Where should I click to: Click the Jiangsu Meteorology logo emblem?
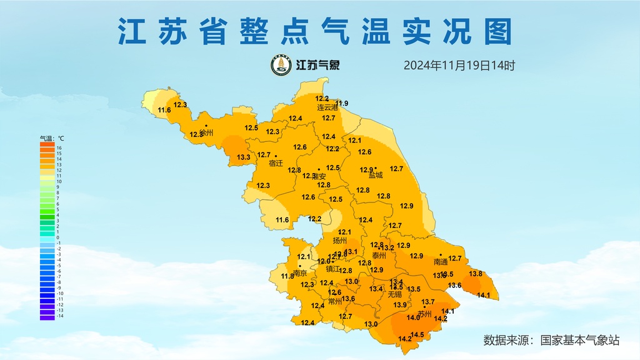click(281, 65)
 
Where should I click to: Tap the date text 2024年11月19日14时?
click(459, 65)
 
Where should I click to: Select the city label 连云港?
click(327, 108)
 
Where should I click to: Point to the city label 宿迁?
click(276, 164)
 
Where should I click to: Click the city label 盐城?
click(376, 176)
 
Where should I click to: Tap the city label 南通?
click(441, 262)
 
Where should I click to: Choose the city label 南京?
click(300, 273)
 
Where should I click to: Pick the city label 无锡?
click(394, 294)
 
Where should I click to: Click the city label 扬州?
click(340, 241)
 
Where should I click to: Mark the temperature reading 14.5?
click(417, 335)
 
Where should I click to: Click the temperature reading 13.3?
click(244, 157)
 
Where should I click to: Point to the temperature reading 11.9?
click(342, 103)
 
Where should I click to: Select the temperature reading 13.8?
click(476, 274)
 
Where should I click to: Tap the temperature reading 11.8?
click(287, 276)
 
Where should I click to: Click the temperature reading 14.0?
click(413, 317)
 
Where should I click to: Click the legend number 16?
click(59, 148)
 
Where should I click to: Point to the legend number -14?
click(60, 316)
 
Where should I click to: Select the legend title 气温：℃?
click(52, 138)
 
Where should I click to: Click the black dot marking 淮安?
click(319, 169)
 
